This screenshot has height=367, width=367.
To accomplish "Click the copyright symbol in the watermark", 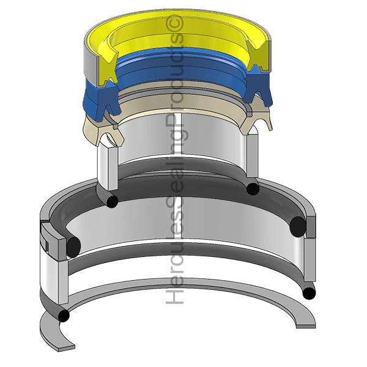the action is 174,23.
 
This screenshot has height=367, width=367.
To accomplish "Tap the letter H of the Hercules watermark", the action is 174,296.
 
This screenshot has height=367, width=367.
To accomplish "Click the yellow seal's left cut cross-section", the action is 108,68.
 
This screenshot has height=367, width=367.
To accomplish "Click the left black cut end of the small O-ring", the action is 113,202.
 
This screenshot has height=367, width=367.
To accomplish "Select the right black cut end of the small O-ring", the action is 253,188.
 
